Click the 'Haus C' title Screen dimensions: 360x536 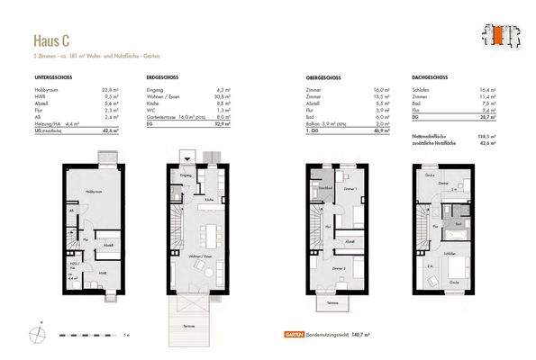pos(52,40)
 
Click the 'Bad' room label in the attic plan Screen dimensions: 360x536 pos(458,223)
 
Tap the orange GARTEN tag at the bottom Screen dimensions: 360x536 pos(290,334)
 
